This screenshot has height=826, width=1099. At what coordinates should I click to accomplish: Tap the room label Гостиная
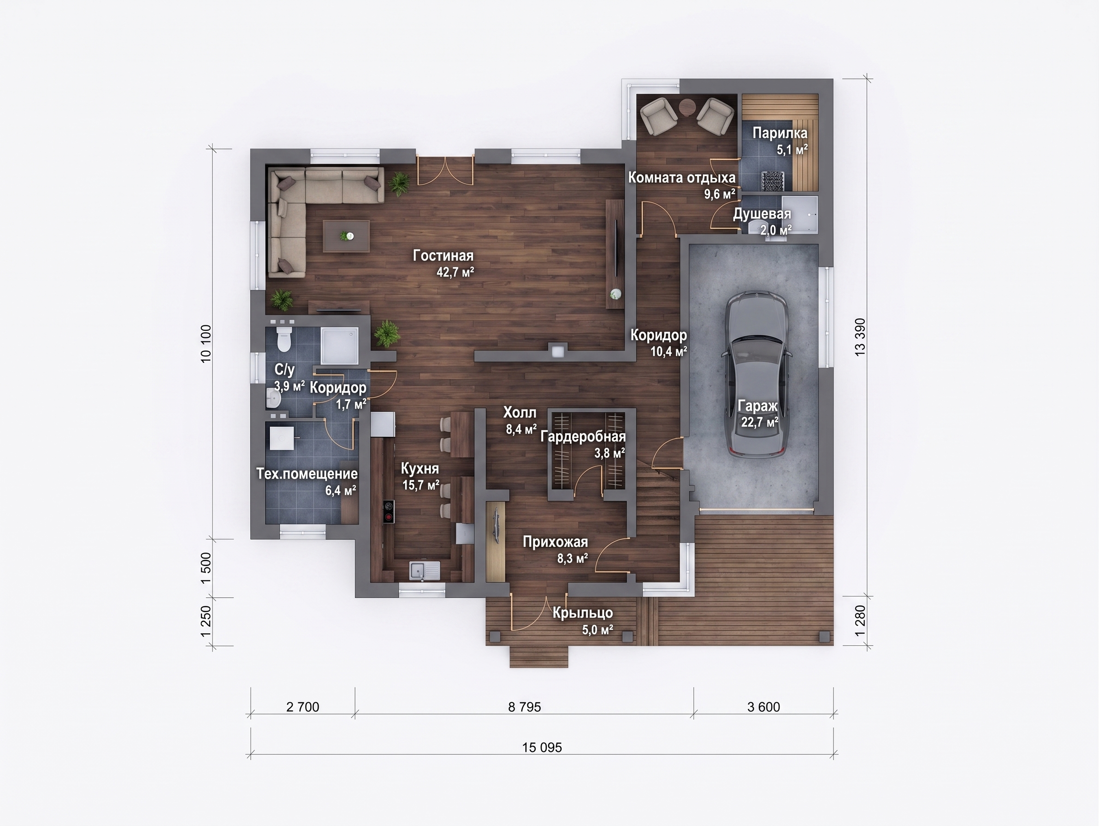tap(443, 256)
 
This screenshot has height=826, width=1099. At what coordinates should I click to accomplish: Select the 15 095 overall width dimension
tap(542, 748)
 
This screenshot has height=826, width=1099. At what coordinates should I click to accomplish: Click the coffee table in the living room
tap(347, 236)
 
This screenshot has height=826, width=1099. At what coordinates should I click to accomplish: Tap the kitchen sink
tap(424, 570)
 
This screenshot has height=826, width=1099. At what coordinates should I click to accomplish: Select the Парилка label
tap(780, 133)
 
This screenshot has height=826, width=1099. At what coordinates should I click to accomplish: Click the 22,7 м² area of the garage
tap(760, 422)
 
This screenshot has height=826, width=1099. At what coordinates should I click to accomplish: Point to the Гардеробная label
tap(583, 437)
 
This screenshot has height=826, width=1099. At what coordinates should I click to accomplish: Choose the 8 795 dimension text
tap(524, 707)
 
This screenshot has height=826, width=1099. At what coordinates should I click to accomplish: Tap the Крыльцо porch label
tap(583, 613)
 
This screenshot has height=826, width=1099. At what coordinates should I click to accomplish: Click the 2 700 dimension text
tap(302, 707)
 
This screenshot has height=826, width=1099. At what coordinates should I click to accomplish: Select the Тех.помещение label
tap(307, 474)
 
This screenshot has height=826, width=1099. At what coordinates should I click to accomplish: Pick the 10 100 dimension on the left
tap(206, 344)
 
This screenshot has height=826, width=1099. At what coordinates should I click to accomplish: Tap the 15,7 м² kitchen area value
tap(421, 485)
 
